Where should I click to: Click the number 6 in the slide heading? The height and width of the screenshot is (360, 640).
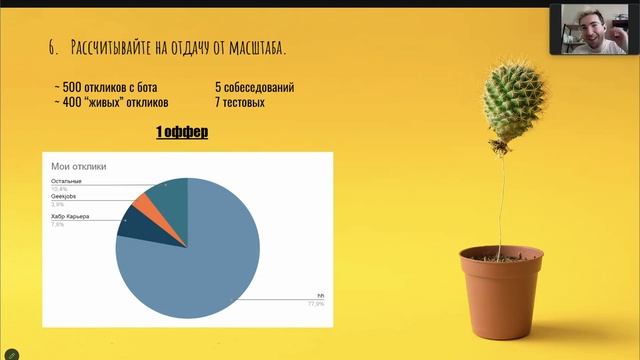click(51, 49)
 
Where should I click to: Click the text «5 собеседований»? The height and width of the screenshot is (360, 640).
click(254, 87)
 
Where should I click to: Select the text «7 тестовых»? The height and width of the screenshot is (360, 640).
click(240, 102)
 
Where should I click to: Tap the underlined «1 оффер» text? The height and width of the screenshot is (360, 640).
click(182, 132)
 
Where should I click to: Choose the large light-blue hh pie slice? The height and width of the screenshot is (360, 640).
click(200, 255)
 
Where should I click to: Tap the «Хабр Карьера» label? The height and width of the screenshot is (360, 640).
click(70, 217)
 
